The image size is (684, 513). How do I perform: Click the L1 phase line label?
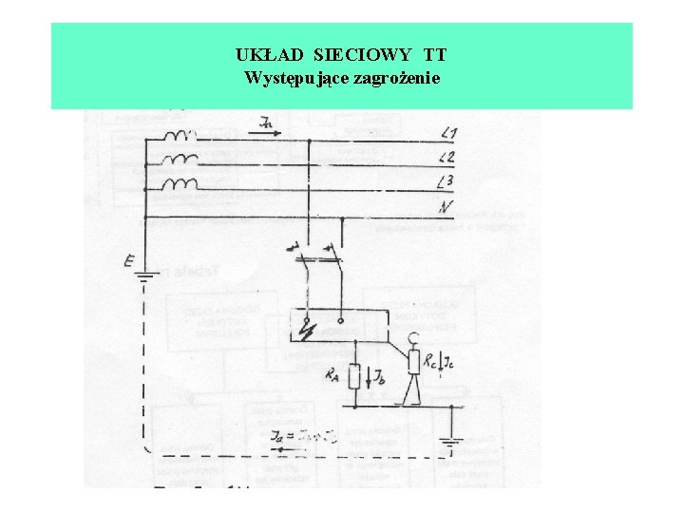pos(448,133)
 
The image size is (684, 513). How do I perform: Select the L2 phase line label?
pos(448,157)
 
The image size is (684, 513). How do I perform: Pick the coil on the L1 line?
pos(180,137)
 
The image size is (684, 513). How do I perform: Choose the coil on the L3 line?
pos(180,183)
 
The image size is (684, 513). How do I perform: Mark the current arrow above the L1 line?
pos(270,124)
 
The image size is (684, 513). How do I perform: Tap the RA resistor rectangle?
pos(353,377)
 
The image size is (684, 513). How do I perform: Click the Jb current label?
pos(377,378)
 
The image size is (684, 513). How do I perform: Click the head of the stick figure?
pos(413,336)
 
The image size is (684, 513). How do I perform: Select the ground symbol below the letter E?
pos(145,278)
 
